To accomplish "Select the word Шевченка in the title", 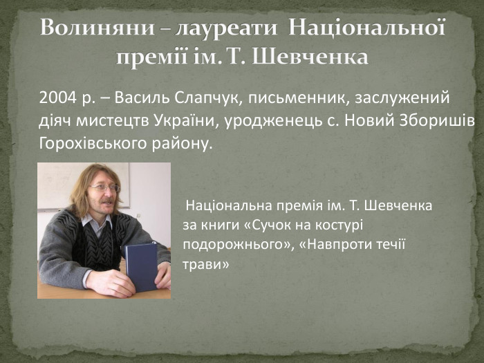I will pyautogui.click(x=310, y=56).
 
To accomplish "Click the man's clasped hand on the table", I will pyautogui.click(x=111, y=282).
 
